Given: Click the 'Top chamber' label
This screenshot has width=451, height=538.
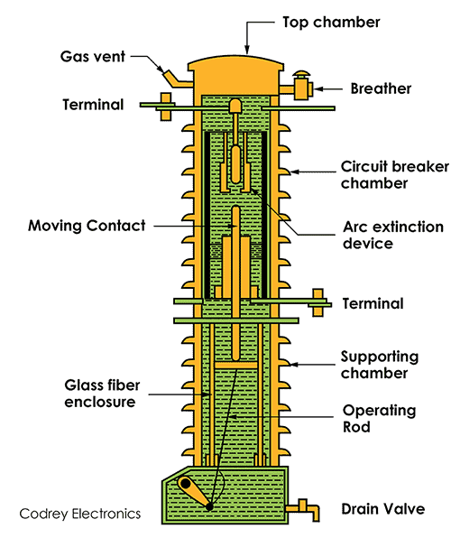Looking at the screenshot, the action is [x=331, y=23].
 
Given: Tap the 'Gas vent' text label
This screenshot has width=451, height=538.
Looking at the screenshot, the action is [x=93, y=57].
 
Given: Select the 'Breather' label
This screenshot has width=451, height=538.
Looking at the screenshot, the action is [x=381, y=88].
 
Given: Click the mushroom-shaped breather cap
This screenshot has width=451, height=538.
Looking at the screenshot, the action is [x=301, y=74].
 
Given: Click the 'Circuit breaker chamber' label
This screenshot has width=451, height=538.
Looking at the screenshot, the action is [x=395, y=175].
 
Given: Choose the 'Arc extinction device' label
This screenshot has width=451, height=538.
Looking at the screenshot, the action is [x=393, y=235].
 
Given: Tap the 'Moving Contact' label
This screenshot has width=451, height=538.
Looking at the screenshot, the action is [x=87, y=226].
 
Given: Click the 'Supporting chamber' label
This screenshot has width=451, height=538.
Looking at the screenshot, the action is [x=380, y=365].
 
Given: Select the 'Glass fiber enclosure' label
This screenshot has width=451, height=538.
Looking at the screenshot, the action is [x=102, y=394].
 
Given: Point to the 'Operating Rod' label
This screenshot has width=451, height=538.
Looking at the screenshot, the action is [x=379, y=419].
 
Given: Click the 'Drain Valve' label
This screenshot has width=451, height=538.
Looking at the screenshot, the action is [x=383, y=509].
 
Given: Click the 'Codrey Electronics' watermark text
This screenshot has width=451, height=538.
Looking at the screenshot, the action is [x=80, y=514].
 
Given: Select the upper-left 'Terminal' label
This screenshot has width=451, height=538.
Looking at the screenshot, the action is [x=93, y=105].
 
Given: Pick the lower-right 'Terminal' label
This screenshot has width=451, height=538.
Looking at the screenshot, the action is [x=373, y=304].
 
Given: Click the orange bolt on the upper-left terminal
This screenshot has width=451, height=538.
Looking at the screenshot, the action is [x=166, y=107].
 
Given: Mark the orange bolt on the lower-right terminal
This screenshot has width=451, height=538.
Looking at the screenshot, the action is [x=318, y=302].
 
